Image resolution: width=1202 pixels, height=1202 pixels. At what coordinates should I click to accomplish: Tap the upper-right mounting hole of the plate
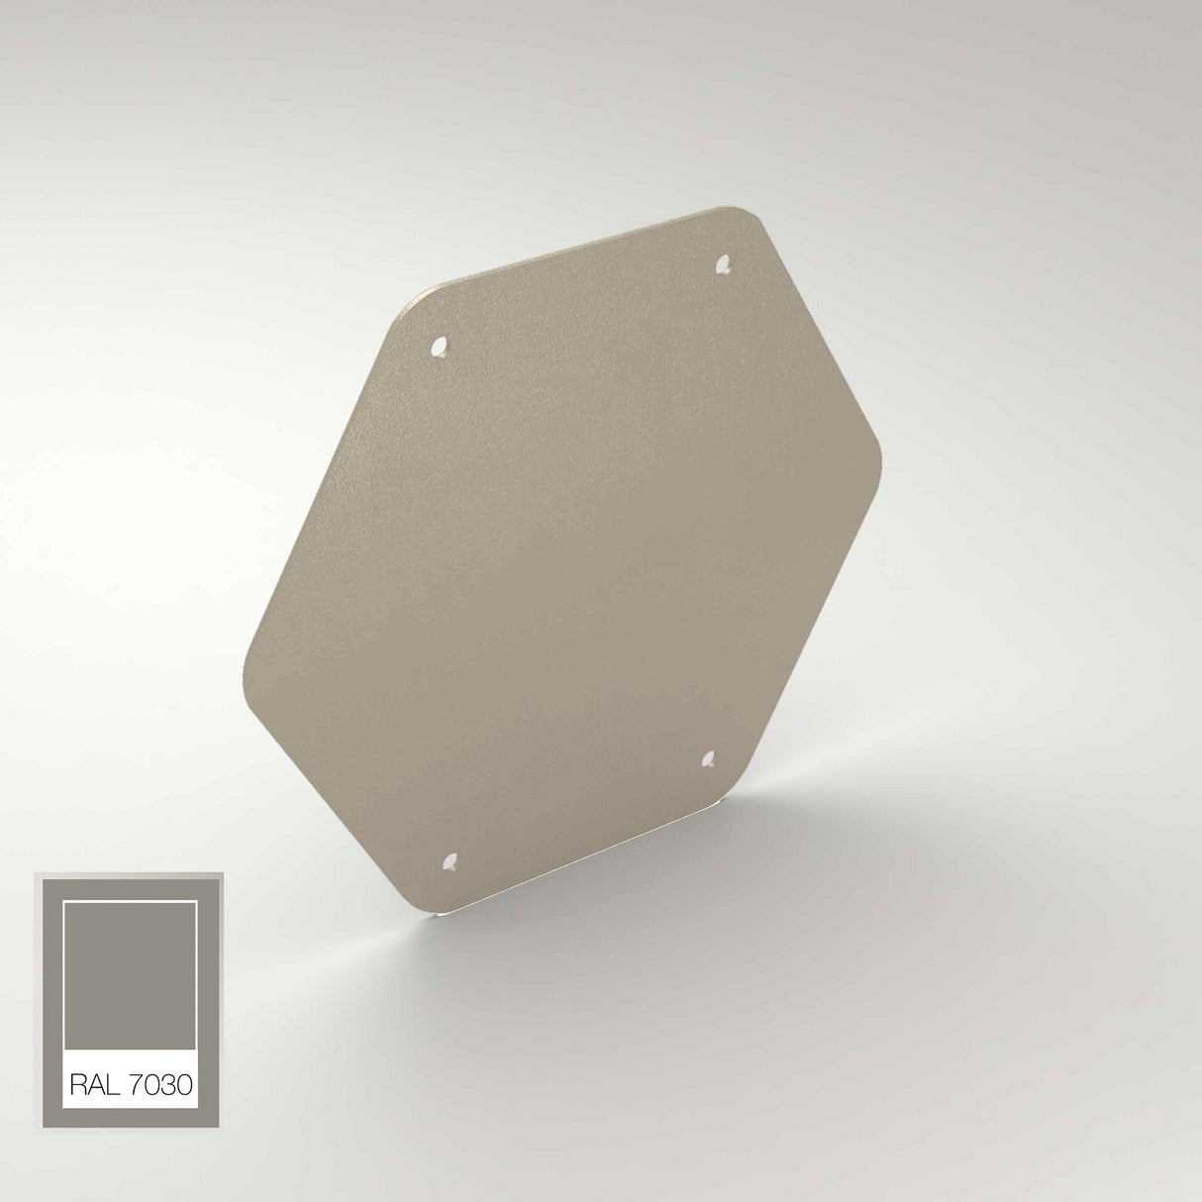click(723, 264)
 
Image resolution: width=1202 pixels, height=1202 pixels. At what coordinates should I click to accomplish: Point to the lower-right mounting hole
click(709, 759)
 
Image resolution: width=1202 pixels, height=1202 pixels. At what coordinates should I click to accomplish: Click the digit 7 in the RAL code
click(137, 1086)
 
